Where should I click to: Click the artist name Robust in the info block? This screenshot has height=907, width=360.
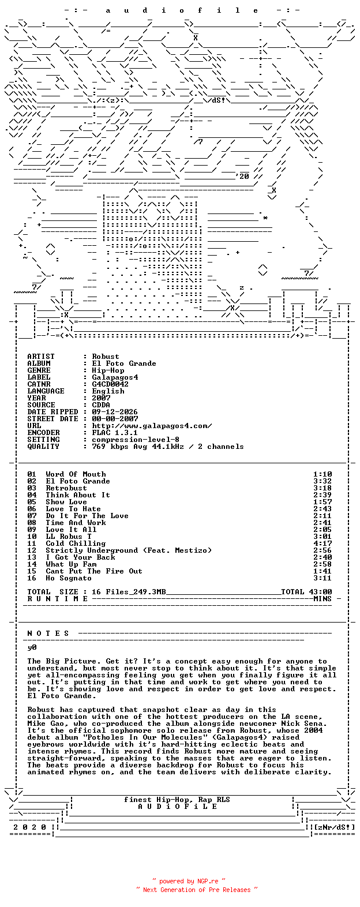(x=106, y=357)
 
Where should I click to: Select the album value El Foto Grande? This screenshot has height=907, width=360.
(x=124, y=363)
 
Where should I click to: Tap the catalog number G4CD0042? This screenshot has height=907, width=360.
(x=110, y=384)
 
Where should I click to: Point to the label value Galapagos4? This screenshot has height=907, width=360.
(x=115, y=377)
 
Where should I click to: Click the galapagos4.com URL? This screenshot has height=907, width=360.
(x=152, y=426)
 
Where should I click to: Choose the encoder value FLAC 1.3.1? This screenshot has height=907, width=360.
(x=115, y=433)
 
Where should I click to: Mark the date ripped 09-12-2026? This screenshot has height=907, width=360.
(x=115, y=412)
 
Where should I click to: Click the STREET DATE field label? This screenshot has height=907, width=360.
(x=52, y=419)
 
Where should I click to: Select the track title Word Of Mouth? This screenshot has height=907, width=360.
(x=76, y=474)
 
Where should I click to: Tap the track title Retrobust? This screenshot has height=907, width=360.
(x=66, y=488)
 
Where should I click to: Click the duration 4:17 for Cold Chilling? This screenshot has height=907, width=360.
(x=322, y=544)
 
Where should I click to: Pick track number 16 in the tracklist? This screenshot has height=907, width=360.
(x=32, y=578)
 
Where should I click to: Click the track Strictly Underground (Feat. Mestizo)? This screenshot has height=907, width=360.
(x=129, y=550)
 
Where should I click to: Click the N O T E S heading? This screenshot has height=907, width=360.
(x=48, y=634)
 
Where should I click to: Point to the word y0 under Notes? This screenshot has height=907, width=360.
(x=32, y=648)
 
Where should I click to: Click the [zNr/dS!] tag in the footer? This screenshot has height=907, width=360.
(x=335, y=827)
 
